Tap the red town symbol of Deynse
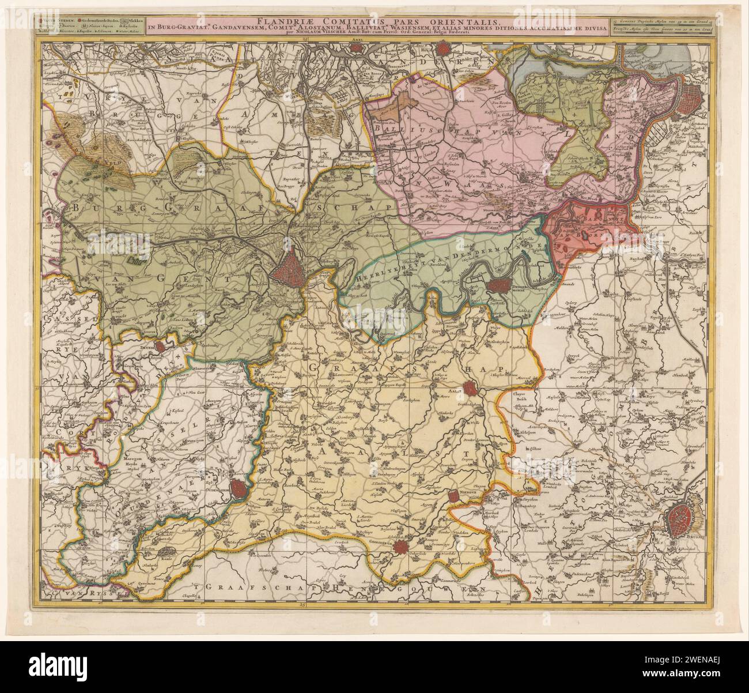[x=161, y=346]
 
